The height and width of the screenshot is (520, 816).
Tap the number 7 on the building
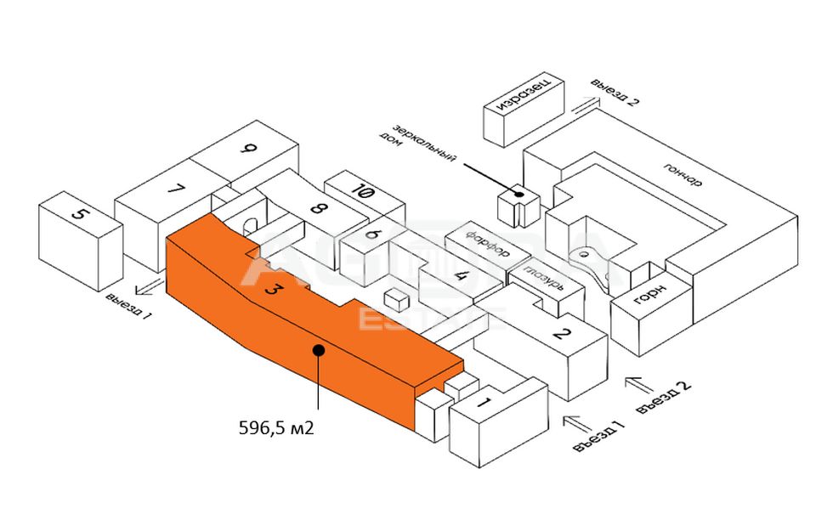pos(176,189)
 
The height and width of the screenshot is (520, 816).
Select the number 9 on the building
pos(248,150)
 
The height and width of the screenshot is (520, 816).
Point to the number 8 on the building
pos(319,208)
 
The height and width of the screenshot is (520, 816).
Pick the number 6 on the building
pos(371,234)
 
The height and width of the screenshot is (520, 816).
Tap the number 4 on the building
pos(461,274)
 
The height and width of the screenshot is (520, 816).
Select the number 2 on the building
pos(560,332)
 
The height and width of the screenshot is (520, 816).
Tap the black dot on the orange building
pos(318,348)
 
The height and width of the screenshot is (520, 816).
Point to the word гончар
pos(685,172)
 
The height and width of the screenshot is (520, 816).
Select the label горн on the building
pos(649,299)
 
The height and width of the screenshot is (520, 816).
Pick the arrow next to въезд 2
pos(640,384)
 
